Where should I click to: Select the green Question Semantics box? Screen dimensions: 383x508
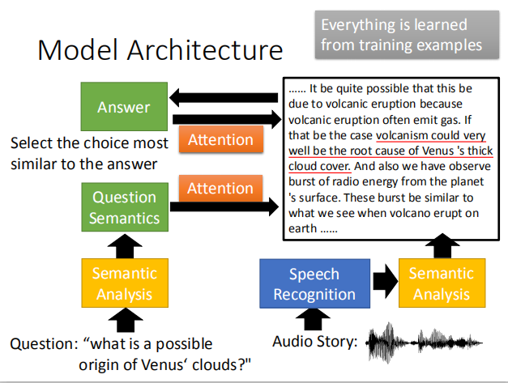coord(124,207)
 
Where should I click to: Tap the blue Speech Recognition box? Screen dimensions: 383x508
coord(314,283)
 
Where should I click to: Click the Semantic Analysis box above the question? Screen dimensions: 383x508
coord(124,283)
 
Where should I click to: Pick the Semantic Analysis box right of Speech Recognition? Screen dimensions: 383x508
coord(442,283)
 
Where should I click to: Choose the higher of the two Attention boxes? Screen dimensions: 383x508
coord(220,139)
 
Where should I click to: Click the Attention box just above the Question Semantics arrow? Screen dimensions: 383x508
coord(220,189)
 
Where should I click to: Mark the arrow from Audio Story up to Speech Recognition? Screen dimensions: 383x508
coord(313,320)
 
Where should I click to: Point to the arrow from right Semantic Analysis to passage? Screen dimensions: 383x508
coord(442,245)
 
